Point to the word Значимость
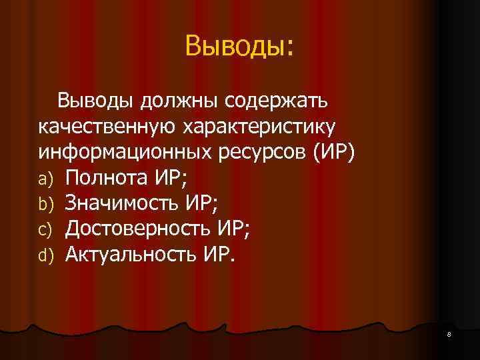point(124,203)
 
